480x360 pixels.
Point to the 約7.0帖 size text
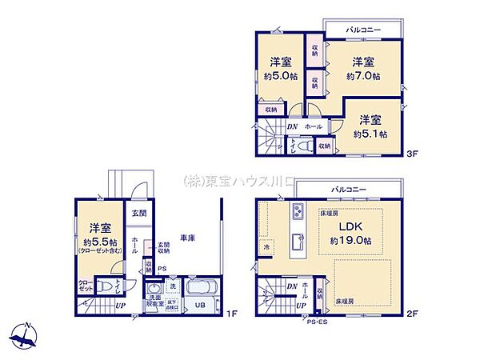click(x=362, y=77)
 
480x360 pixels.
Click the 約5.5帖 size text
click(x=100, y=242)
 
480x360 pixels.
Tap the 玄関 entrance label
click(x=137, y=213)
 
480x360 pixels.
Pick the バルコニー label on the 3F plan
click(x=363, y=30)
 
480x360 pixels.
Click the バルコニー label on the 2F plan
click(x=350, y=189)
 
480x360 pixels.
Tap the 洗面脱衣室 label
click(x=154, y=302)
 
